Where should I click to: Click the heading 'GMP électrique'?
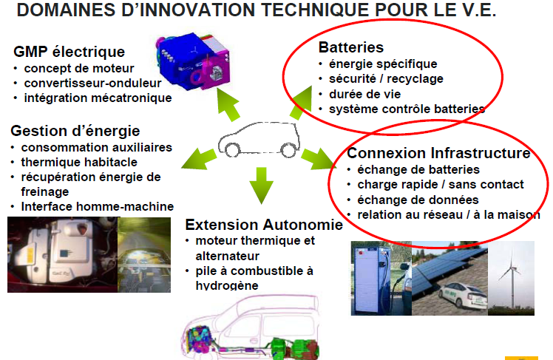tap(69, 52)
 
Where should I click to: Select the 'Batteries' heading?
tap(351, 47)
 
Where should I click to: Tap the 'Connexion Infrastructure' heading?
tap(438, 153)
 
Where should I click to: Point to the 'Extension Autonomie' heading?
tap(264, 225)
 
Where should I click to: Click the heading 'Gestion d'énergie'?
tap(75, 131)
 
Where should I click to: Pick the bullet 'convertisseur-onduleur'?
tap(92, 84)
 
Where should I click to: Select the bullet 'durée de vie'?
tap(364, 94)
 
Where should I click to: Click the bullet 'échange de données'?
tap(418, 200)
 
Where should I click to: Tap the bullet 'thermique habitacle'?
tap(79, 162)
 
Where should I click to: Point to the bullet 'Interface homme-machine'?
tap(98, 206)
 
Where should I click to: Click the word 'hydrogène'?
tap(227, 285)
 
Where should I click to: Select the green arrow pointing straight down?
tap(261, 186)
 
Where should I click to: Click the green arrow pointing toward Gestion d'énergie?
tap(199, 159)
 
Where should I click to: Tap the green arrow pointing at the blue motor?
tap(228, 105)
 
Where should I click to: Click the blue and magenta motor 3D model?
tap(192, 61)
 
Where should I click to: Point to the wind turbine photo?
tap(511, 278)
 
